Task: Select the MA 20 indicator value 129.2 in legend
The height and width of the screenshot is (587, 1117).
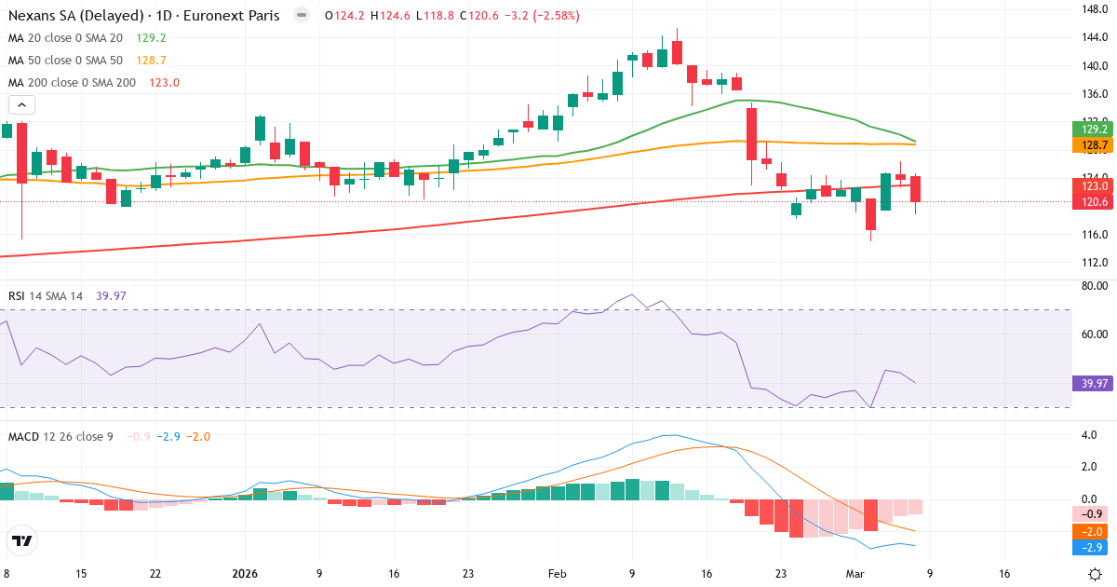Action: (x=151, y=38)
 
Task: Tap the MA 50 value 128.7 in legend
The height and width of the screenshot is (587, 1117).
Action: (x=151, y=61)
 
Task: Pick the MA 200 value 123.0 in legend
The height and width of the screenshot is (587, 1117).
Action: (x=163, y=83)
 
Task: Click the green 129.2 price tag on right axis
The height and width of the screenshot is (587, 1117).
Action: (x=1091, y=130)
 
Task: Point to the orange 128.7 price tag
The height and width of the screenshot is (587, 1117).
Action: (x=1091, y=145)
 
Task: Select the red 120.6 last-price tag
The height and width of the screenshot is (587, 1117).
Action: (x=1091, y=202)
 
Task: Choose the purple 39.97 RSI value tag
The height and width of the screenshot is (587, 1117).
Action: (x=1091, y=384)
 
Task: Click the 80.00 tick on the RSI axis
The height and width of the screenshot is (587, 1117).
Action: (x=1092, y=287)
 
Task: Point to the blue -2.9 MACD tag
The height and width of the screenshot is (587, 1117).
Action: (x=1091, y=547)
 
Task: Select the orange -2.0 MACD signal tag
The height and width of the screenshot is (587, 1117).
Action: (x=1091, y=531)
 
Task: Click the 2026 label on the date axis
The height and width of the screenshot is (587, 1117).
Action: (x=244, y=574)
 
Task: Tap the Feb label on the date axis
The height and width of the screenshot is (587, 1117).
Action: (x=557, y=574)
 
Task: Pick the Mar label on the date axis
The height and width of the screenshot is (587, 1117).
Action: (x=855, y=574)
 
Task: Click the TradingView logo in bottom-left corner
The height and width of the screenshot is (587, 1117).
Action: (x=21, y=540)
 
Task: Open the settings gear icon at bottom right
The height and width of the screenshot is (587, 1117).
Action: (x=1096, y=574)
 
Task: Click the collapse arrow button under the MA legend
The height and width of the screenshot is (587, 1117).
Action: (x=20, y=105)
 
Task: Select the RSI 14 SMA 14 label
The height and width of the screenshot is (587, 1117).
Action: (x=46, y=296)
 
